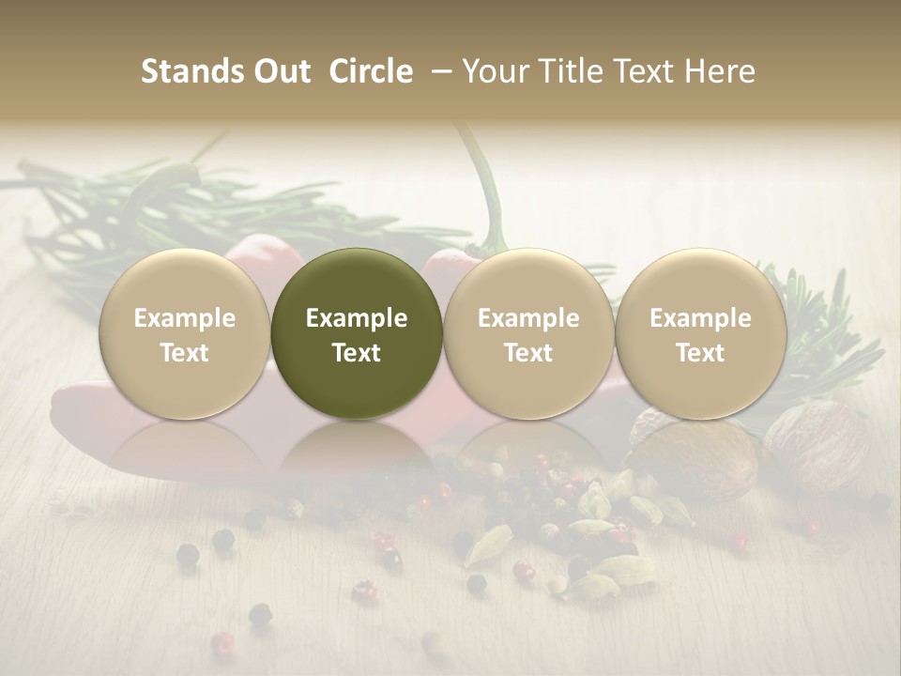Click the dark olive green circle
point(357,334)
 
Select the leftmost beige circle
point(184,334)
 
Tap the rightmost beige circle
point(700,334)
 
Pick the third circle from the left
point(528,334)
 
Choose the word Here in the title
point(720,71)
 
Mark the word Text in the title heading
point(647,71)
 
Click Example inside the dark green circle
point(357,318)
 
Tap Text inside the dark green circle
point(357,353)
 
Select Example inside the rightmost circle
point(700,318)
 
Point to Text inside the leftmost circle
point(184,353)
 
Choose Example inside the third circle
point(528,318)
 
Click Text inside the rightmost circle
point(700,353)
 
